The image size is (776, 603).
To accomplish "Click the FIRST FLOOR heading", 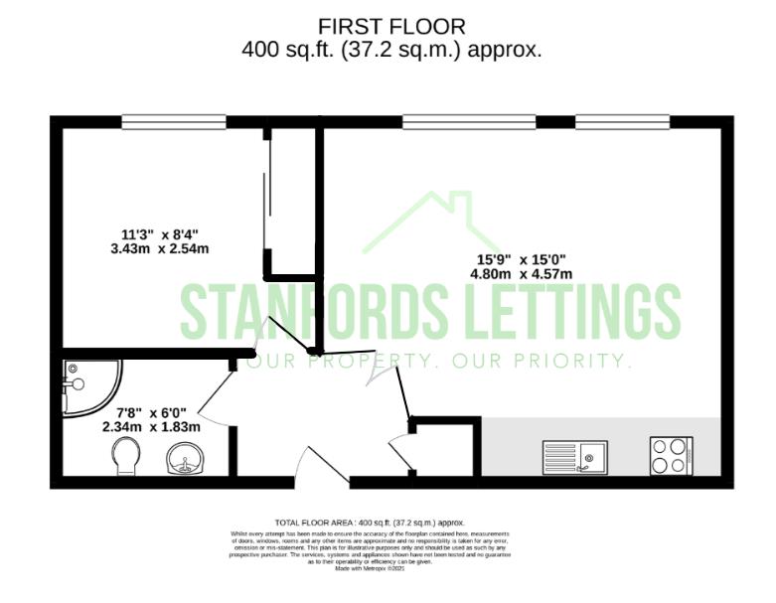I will click(390, 26).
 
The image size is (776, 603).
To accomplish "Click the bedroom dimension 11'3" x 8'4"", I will click(152, 234).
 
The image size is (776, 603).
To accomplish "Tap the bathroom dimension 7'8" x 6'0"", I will click(151, 412).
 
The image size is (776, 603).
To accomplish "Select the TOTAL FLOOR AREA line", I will click(369, 522).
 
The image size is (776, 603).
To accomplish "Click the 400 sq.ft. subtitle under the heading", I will click(390, 50).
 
